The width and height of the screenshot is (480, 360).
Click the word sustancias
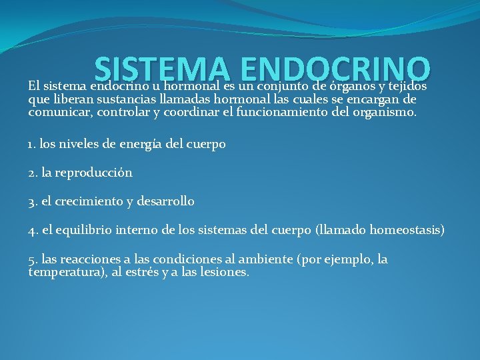tap(119, 99)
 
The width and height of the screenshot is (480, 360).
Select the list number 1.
tap(32, 144)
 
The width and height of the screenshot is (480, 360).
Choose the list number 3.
tap(33, 201)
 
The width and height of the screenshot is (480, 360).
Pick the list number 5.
tap(33, 259)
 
